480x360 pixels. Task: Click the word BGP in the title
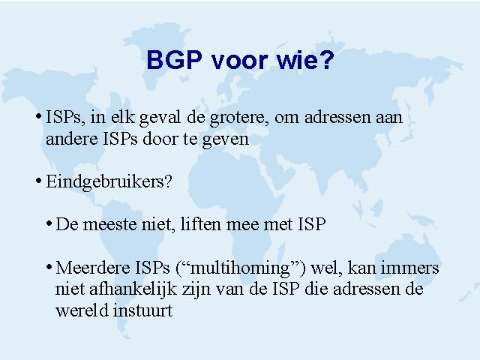click(175, 59)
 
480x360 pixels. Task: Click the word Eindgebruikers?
click(109, 181)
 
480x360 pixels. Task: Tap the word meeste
click(109, 224)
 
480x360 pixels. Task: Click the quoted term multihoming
click(240, 268)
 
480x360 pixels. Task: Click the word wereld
click(82, 310)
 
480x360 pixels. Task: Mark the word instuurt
click(143, 310)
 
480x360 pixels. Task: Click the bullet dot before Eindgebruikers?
click(38, 181)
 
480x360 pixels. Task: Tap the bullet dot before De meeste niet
click(49, 223)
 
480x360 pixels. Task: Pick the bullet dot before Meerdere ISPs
click(49, 267)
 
